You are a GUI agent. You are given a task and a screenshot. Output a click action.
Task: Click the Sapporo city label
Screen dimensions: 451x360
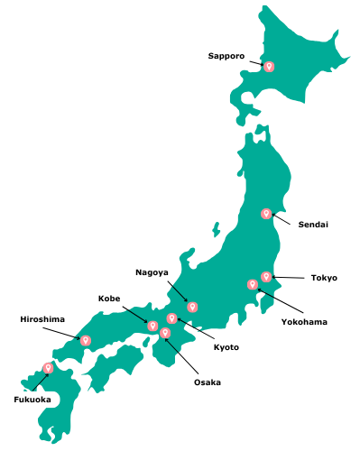(226, 56)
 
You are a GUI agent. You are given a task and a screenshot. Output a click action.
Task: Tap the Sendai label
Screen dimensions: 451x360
(313, 224)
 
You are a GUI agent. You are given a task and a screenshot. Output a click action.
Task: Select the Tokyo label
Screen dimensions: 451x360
(324, 278)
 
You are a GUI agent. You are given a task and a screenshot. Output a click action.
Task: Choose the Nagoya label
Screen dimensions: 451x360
(152, 272)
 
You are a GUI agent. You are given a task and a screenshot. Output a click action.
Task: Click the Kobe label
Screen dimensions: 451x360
(109, 298)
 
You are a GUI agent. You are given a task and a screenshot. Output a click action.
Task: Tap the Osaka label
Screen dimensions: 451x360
(207, 382)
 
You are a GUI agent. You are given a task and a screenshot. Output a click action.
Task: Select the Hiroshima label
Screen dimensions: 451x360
(42, 318)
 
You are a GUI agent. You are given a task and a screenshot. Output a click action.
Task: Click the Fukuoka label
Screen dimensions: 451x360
(32, 399)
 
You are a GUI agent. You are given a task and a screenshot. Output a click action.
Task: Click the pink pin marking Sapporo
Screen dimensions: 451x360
(268, 66)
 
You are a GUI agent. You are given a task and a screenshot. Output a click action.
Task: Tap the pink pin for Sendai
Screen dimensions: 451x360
(266, 214)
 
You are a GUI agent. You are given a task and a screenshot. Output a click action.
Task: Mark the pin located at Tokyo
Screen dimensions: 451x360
(266, 276)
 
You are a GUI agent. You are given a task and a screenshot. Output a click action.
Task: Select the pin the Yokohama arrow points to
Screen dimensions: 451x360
(252, 284)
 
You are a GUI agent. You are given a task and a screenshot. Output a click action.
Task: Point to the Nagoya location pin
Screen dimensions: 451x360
(192, 307)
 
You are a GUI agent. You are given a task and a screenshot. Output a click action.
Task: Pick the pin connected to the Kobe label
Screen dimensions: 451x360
(152, 325)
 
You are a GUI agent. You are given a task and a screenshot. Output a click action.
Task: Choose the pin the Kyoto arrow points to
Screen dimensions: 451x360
(171, 318)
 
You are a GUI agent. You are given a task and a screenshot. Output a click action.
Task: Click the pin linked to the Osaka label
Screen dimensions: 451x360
(165, 333)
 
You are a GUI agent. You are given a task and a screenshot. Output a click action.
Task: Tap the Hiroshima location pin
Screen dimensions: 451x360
(86, 340)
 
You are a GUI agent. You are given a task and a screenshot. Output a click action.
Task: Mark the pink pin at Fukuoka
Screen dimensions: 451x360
(48, 367)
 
